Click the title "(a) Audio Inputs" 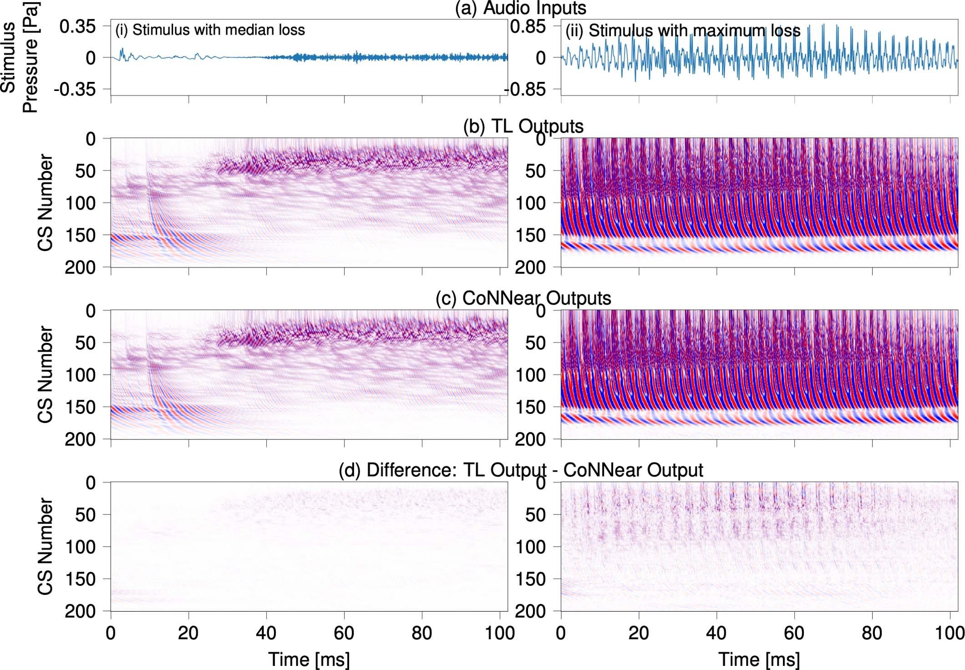pos(521,8)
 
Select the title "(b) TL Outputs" pos(523,126)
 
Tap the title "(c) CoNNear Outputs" pos(523,298)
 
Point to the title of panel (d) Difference pos(521,470)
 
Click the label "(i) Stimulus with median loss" pos(210,30)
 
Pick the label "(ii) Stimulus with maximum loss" pos(683,30)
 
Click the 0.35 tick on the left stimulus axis pos(78,26)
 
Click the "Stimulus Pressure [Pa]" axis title pos(19,57)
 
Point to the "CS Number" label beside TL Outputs pos(45,202)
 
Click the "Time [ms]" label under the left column pos(309,659)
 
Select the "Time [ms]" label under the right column pos(759,659)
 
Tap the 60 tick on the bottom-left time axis pos(344,633)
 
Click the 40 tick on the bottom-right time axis pos(716,633)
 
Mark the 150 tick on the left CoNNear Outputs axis pos(80,408)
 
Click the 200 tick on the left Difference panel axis pos(80,611)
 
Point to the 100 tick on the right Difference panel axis pos(530,547)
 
